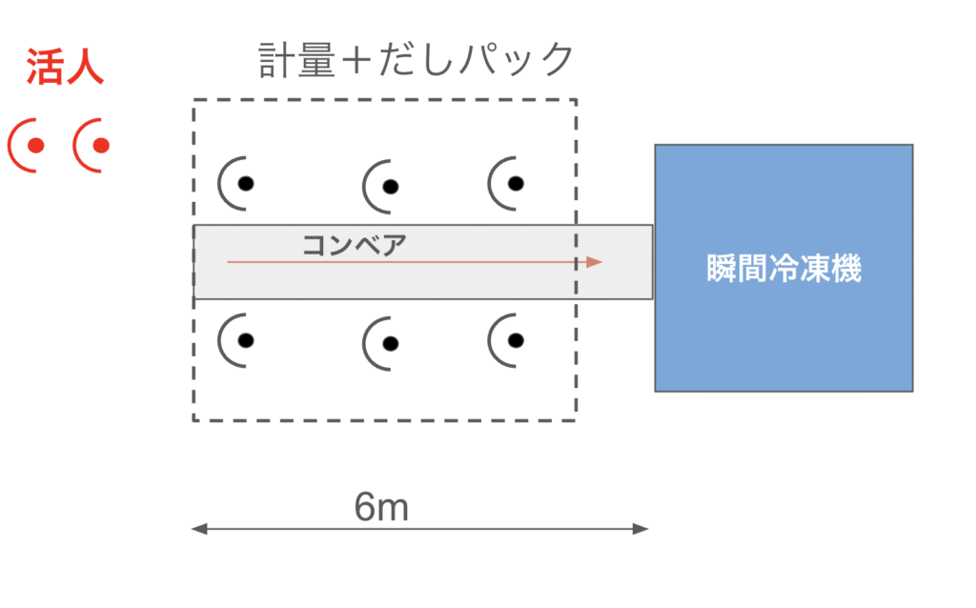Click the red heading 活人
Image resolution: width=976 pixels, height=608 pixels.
click(65, 67)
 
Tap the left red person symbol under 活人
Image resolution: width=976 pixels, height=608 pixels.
click(28, 145)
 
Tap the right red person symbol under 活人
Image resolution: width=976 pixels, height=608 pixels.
click(92, 145)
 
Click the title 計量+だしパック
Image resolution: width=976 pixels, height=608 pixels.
click(416, 60)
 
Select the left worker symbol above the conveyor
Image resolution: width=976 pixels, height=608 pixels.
click(236, 184)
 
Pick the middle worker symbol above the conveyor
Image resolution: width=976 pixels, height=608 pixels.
click(381, 187)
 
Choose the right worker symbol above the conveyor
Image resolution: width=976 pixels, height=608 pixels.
click(507, 184)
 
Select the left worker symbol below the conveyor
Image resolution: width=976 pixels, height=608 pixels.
click(236, 340)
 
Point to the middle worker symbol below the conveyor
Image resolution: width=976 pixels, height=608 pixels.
click(381, 343)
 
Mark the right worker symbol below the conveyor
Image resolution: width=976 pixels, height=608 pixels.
click(507, 340)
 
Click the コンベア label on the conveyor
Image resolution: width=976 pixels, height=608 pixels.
click(355, 245)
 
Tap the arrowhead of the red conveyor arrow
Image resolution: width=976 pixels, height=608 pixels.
click(594, 262)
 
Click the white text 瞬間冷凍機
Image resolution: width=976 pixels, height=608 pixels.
click(783, 268)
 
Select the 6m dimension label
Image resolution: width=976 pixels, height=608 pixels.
click(381, 507)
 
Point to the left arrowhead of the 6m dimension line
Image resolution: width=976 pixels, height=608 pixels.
click(199, 529)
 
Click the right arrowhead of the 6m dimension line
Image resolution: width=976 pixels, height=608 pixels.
click(640, 529)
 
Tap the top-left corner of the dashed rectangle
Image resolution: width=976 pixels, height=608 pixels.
click(193, 99)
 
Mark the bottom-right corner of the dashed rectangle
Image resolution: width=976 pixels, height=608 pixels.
click(577, 420)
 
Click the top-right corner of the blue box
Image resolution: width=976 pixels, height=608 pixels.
click(913, 145)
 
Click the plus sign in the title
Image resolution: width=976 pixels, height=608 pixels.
click(356, 61)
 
